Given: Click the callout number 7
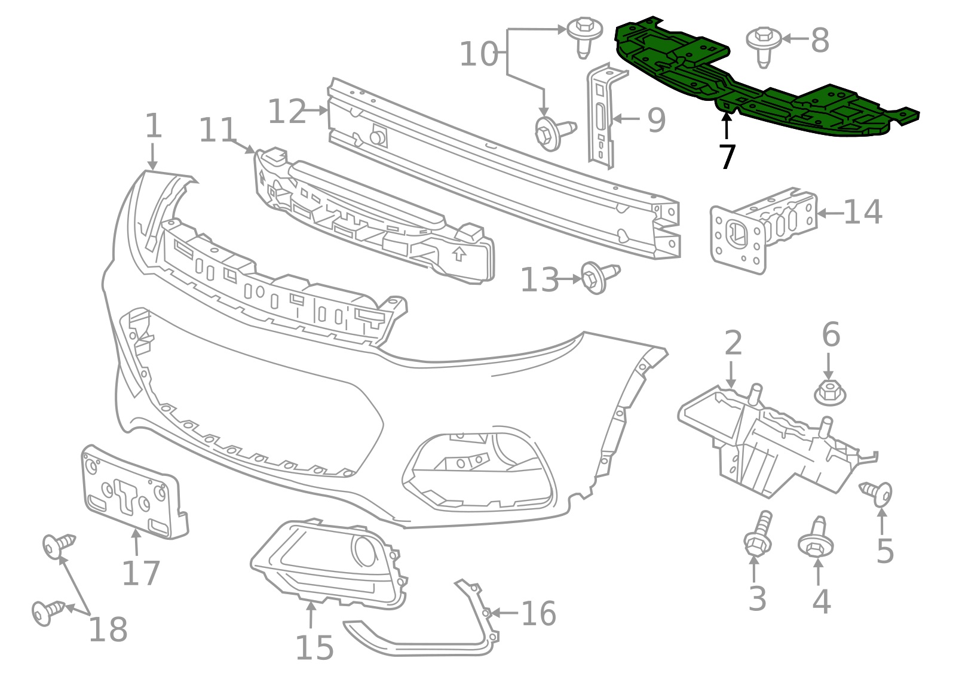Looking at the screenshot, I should tap(727, 157).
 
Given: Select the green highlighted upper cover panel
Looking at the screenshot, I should tap(765, 90).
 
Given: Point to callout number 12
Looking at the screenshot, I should tap(287, 112).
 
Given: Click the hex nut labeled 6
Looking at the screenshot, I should tap(830, 392).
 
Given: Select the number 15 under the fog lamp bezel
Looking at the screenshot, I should tap(314, 647).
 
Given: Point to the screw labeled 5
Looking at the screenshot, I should tap(878, 493).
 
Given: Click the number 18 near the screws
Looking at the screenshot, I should tap(108, 629).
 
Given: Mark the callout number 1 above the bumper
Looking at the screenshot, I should tap(154, 126).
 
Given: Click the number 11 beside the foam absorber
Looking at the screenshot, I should tap(217, 130).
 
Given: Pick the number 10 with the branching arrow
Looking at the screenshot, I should tap(479, 54).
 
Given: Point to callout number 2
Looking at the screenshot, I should tap(733, 343).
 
